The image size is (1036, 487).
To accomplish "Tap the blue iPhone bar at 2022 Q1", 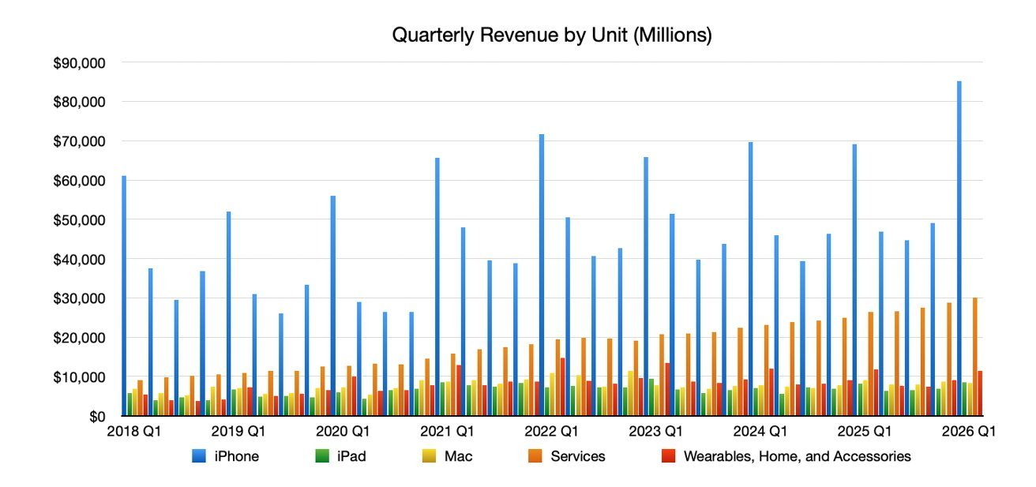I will tap(542, 276).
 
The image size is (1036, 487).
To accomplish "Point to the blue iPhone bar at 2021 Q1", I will tap(437, 288).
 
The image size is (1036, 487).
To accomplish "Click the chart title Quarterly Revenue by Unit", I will tap(552, 36).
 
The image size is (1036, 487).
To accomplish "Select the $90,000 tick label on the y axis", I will tap(78, 62).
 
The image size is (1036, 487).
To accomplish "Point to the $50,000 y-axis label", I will tap(78, 219).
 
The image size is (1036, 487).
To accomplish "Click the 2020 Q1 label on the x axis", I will tap(343, 432).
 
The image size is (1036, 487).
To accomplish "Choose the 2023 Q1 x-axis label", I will tap(655, 432).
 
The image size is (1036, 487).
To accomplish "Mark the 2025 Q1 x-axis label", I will tap(864, 432).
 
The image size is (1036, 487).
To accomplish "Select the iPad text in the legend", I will tap(351, 456).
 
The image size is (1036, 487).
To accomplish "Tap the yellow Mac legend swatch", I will tap(432, 456).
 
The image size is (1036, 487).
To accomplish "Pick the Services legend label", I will tap(578, 456).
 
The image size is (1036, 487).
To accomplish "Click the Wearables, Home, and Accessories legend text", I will tap(797, 456).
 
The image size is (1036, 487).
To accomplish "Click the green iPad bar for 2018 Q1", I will tap(129, 405).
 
